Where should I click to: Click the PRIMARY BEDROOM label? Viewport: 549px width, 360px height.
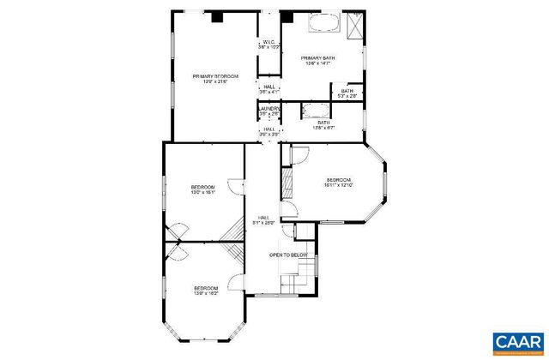[x=214, y=79]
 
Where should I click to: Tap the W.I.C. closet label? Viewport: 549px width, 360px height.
[x=268, y=44]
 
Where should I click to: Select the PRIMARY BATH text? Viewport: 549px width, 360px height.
[x=317, y=61]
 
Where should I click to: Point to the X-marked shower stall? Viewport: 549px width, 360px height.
[x=353, y=25]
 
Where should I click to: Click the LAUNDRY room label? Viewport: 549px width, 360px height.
[x=269, y=111]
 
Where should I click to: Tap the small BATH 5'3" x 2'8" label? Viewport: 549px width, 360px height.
[x=347, y=93]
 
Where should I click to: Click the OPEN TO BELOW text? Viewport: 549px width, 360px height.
[x=288, y=255]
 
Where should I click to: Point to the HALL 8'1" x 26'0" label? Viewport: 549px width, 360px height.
[x=262, y=220]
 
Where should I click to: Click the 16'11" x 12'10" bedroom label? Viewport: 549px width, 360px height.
[x=339, y=183]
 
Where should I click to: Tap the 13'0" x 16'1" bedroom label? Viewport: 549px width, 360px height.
[x=202, y=189]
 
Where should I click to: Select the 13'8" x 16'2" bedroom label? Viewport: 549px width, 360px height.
[x=205, y=291]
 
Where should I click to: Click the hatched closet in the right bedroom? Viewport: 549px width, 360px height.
[x=287, y=182]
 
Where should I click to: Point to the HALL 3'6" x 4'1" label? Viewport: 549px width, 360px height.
[x=269, y=89]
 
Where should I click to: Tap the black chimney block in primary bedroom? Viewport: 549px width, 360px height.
[x=216, y=15]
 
